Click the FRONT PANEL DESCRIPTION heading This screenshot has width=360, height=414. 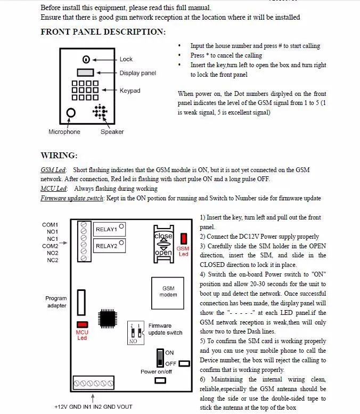[x=103, y=32]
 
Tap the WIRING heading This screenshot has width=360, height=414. [x=59, y=156]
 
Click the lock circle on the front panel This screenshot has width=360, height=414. [x=86, y=59]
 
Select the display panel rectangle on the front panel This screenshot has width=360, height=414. [x=85, y=72]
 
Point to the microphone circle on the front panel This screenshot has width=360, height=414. [x=70, y=113]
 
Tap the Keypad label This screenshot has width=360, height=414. [x=130, y=91]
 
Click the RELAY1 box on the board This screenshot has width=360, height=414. [x=106, y=230]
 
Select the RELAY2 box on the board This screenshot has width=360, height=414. [x=106, y=246]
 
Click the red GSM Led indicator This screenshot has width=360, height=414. [x=183, y=238]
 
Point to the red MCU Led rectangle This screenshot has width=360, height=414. [x=82, y=324]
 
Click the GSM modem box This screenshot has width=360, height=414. [x=168, y=291]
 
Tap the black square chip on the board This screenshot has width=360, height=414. [x=110, y=318]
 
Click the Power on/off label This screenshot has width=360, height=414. [x=156, y=371]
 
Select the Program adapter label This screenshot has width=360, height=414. [x=56, y=302]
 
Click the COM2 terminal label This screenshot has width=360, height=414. [x=50, y=246]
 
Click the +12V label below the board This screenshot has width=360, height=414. [x=62, y=407]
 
